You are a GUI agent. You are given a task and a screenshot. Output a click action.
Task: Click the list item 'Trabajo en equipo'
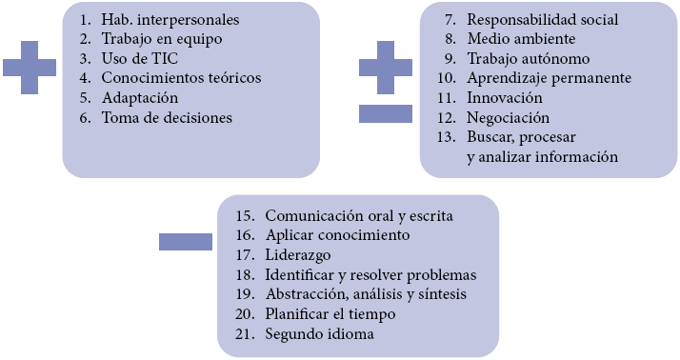click(161, 39)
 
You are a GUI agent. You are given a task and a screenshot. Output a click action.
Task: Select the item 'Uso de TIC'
click(134, 59)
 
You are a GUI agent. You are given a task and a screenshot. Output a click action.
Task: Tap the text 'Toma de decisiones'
click(167, 118)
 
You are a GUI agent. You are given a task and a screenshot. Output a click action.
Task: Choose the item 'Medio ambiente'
click(521, 39)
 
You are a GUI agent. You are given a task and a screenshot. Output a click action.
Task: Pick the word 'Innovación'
click(505, 98)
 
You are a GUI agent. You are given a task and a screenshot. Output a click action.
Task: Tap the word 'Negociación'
click(509, 118)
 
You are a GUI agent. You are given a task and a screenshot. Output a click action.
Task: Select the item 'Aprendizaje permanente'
click(549, 78)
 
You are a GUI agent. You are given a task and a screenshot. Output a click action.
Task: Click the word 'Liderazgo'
click(297, 254)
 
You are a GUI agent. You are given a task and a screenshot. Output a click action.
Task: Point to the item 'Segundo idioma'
click(319, 334)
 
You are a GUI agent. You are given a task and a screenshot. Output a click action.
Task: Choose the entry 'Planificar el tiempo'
click(330, 314)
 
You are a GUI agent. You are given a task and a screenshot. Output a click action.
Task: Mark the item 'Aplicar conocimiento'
click(337, 234)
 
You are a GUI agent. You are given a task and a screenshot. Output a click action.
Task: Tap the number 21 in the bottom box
click(246, 334)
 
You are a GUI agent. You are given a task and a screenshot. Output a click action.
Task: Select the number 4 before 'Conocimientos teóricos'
click(84, 78)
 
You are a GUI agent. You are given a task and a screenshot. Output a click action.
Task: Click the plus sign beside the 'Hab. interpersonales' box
click(29, 68)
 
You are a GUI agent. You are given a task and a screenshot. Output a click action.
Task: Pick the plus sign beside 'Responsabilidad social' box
click(385, 68)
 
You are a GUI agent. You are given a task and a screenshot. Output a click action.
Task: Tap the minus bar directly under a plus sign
click(385, 113)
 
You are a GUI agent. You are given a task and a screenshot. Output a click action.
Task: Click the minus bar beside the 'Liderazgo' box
click(185, 241)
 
